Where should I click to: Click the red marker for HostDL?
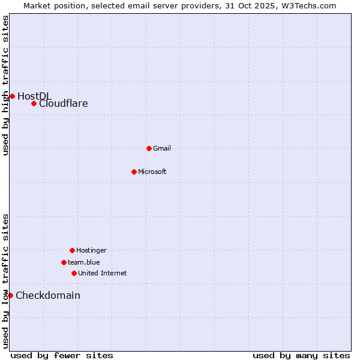pos(12,96)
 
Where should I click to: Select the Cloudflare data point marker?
pos(34,103)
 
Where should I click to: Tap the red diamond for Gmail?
pos(149,148)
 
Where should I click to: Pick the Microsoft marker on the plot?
pos(134,172)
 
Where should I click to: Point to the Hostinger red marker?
pos(72,250)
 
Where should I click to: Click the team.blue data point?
pos(64,262)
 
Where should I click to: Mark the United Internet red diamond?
pos(74,273)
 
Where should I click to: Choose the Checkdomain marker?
pos(10,295)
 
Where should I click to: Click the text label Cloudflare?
pos(64,103)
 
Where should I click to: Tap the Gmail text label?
pos(162,148)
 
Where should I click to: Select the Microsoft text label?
pos(152,172)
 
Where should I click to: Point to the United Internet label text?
pos(103,273)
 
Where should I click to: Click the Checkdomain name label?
pos(48,295)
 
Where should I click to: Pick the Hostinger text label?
pos(91,250)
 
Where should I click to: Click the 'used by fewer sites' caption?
pos(62,355)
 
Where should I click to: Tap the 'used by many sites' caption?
pos(301,355)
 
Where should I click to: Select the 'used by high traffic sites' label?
pos(6,85)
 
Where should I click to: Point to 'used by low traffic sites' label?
pos(6,281)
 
